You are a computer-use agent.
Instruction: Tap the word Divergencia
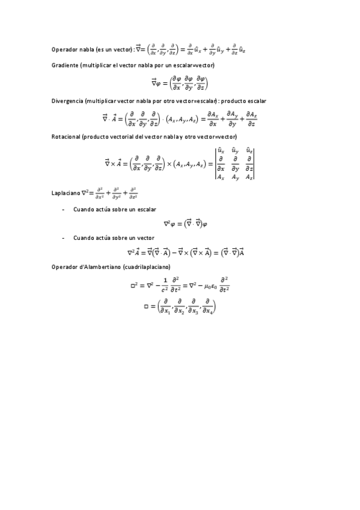click(68, 100)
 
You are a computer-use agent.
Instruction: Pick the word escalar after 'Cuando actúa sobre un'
click(145, 209)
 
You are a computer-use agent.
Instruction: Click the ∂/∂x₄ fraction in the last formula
click(207, 307)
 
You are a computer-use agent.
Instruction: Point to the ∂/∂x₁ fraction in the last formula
click(164, 307)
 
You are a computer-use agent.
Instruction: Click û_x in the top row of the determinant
click(221, 150)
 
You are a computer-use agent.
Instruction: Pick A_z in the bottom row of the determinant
click(249, 177)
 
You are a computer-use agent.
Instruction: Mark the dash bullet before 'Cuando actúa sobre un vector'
click(63, 238)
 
